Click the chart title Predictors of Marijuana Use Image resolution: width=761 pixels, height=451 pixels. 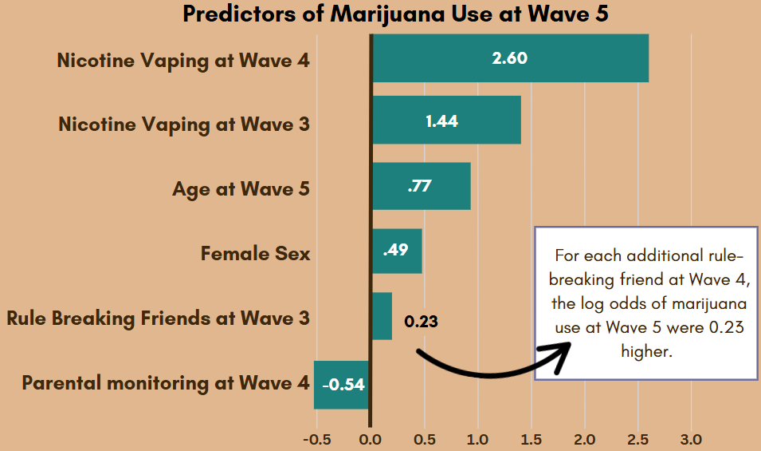click(x=395, y=14)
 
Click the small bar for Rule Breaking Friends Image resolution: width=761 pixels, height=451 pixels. click(x=382, y=316)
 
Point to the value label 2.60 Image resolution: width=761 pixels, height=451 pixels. click(x=510, y=58)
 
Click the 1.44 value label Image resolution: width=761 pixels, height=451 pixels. click(x=441, y=121)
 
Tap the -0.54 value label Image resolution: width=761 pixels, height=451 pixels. click(x=343, y=385)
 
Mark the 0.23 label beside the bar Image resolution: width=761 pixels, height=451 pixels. click(x=422, y=322)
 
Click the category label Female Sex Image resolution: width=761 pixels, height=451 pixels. click(x=255, y=255)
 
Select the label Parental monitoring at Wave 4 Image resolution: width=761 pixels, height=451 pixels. click(x=165, y=383)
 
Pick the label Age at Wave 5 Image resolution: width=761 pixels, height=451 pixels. click(x=241, y=190)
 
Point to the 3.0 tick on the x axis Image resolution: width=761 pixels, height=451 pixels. click(x=691, y=439)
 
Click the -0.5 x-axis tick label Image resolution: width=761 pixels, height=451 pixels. click(x=318, y=439)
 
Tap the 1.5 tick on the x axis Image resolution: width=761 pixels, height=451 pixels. click(x=531, y=439)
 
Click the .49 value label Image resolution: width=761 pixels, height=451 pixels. click(x=395, y=251)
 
